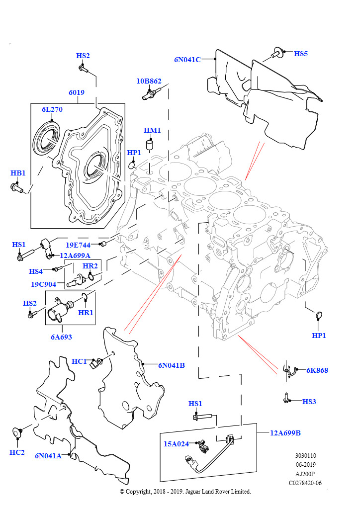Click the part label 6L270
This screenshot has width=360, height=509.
pos(52,109)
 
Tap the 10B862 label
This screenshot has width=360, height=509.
pos(149,81)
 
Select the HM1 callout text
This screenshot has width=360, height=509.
pos(152,130)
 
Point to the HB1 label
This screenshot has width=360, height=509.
pos(18,173)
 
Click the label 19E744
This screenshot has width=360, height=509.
pos(78,245)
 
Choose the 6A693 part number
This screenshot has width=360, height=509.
pos(61,337)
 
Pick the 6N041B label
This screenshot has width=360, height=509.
pos(172,365)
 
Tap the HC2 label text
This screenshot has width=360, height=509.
pos(17,452)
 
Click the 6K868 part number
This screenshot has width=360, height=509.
pos(317,370)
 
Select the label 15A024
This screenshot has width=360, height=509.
pos(177,444)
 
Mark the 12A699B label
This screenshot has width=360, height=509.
pos(285,432)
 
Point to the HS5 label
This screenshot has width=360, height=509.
pos(301,54)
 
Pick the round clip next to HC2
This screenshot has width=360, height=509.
pos(19,433)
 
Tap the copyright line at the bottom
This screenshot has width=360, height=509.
pos(185,492)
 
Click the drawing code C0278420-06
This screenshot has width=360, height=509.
pos(305,483)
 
